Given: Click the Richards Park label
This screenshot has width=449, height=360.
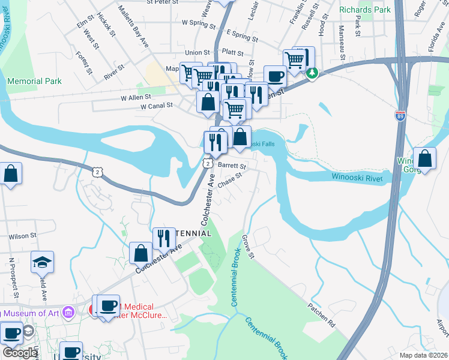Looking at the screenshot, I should tap(365, 10).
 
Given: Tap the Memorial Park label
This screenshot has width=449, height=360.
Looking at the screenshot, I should tap(34, 81).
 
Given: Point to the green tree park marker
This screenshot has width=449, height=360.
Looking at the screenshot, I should tap(312, 73).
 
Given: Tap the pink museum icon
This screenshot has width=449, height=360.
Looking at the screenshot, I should tap(68, 312).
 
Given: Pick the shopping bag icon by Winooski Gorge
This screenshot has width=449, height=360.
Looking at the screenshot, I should tap(424, 160).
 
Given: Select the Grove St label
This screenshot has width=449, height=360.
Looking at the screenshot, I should tap(249, 247).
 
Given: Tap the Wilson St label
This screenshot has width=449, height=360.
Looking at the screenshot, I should tap(23, 236).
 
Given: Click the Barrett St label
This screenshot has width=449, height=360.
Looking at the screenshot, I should tap(232, 165).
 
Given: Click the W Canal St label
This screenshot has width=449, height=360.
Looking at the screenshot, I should tap(156, 106).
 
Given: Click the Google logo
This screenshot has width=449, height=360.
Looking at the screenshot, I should tap(20, 353).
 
